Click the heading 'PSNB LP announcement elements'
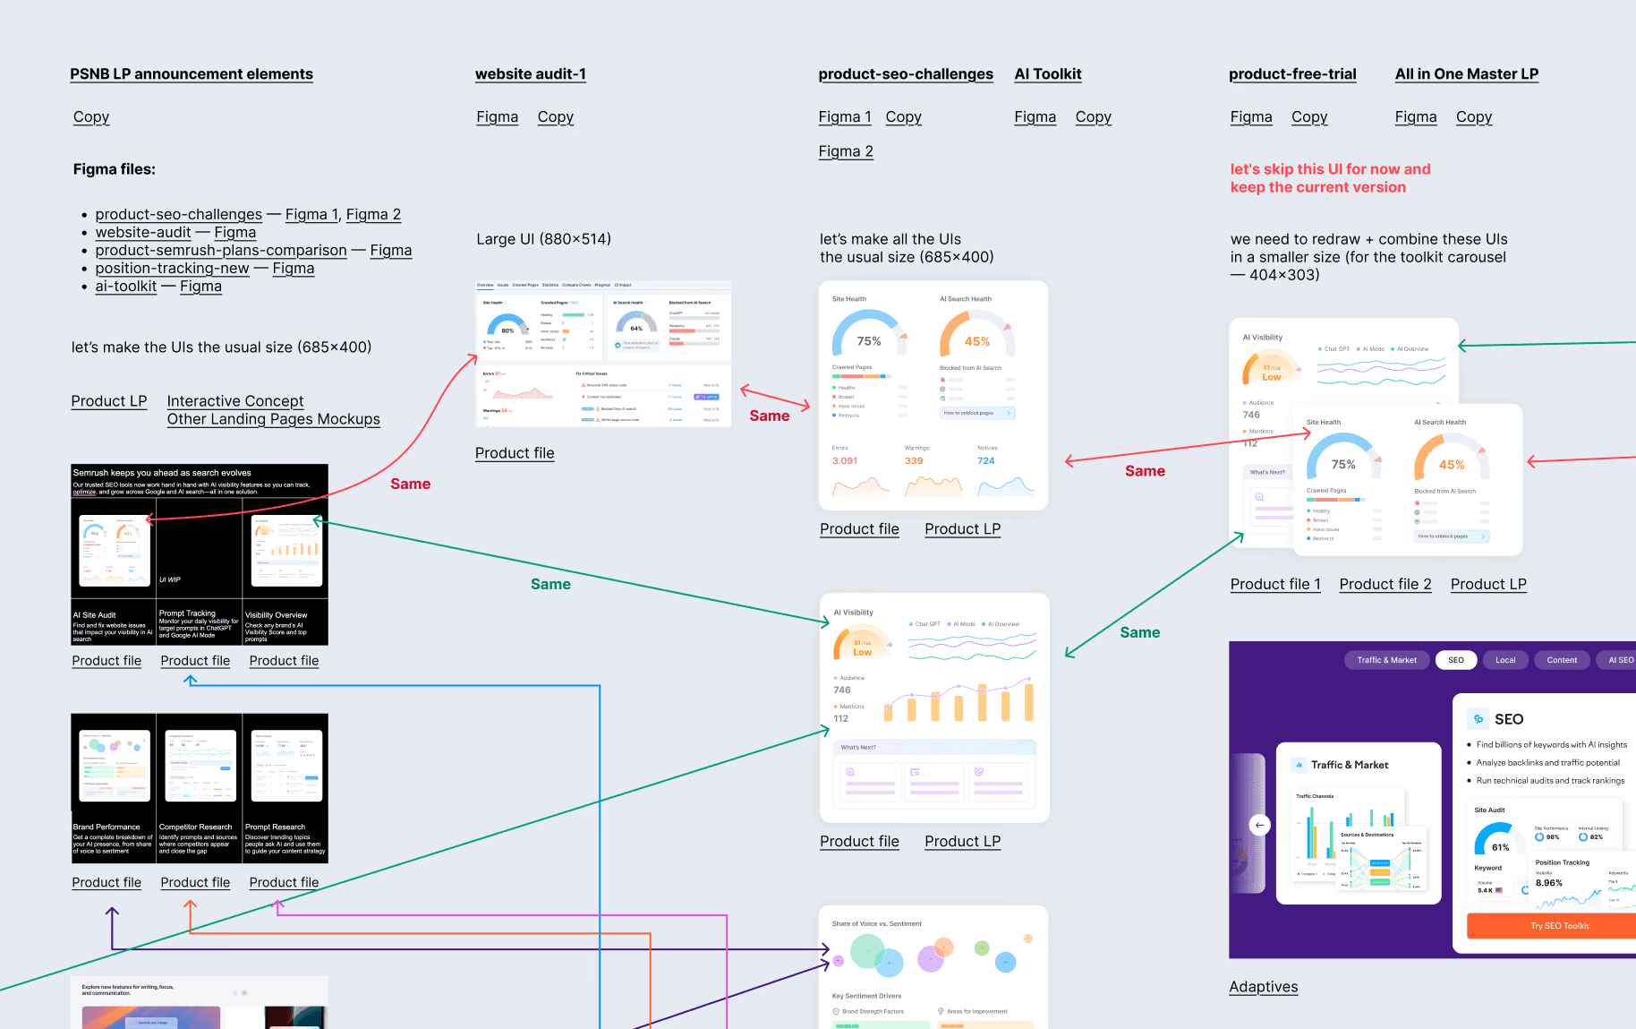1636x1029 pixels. click(x=192, y=74)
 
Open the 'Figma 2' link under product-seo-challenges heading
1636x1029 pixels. click(x=845, y=151)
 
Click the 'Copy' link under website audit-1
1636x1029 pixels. click(x=555, y=117)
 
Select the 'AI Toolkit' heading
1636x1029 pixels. click(x=1047, y=74)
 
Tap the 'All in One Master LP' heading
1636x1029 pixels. click(x=1466, y=74)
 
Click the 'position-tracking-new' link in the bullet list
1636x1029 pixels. click(x=172, y=269)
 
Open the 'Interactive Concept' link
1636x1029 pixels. click(x=235, y=401)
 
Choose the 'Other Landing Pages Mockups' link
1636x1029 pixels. click(x=273, y=419)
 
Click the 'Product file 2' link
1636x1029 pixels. click(x=1385, y=585)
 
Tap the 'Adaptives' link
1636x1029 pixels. click(x=1263, y=987)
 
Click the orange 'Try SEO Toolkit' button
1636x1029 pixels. click(x=1559, y=926)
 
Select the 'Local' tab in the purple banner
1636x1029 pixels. click(x=1505, y=661)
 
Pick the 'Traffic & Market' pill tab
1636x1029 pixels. click(x=1386, y=661)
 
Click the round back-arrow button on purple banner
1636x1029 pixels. click(x=1259, y=825)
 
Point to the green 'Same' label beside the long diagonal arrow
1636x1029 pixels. click(x=550, y=585)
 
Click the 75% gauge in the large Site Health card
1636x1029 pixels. click(x=868, y=340)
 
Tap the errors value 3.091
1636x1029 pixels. click(x=844, y=461)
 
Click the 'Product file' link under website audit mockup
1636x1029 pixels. click(x=515, y=453)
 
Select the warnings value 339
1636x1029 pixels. click(x=913, y=461)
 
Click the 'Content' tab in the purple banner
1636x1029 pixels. click(x=1562, y=661)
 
